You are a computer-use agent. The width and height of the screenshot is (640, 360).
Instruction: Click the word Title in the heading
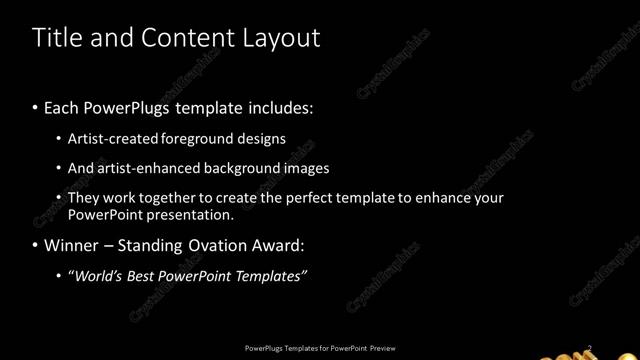pyautogui.click(x=56, y=38)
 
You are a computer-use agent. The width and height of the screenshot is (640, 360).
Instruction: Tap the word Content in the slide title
pyautogui.click(x=185, y=38)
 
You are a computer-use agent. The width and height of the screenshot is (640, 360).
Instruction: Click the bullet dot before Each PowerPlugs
pyautogui.click(x=36, y=105)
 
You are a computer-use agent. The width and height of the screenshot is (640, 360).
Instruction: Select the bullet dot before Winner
pyautogui.click(x=36, y=245)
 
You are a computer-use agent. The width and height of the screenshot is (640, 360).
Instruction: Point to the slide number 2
pyautogui.click(x=590, y=348)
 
